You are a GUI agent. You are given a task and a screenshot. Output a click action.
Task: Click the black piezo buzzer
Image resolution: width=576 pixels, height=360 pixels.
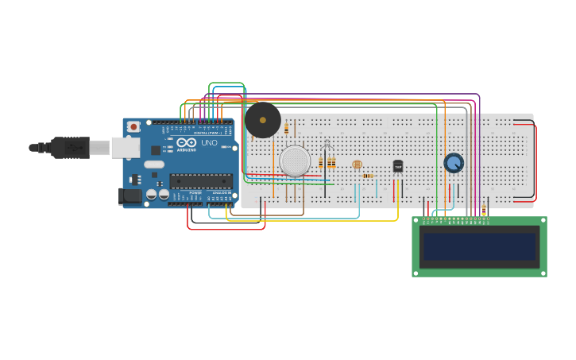[x=262, y=120]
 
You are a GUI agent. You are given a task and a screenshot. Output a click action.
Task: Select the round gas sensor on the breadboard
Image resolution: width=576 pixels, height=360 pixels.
[x=295, y=161]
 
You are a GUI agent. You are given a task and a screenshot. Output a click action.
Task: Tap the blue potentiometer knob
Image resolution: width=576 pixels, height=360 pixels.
[x=454, y=163]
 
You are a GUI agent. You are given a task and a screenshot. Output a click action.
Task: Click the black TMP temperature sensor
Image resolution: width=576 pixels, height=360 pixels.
[x=398, y=166]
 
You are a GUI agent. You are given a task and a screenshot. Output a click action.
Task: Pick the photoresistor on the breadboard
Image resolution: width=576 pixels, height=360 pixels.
[x=357, y=165]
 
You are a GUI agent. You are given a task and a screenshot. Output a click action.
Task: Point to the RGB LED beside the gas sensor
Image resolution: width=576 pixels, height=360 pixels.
[x=327, y=145]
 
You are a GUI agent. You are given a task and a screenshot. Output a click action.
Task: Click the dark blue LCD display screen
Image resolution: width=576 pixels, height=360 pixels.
[x=479, y=246]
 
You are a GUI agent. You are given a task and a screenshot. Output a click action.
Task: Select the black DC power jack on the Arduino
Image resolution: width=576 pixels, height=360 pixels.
[x=130, y=195]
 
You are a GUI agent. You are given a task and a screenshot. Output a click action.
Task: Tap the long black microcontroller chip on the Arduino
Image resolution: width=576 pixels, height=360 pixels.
[x=201, y=181]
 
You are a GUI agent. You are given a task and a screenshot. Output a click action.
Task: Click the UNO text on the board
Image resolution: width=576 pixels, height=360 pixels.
[x=209, y=143]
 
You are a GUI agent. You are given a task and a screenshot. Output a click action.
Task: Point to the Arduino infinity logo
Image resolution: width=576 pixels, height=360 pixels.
[x=187, y=142]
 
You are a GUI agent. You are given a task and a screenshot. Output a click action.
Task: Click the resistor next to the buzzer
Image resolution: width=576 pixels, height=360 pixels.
[x=286, y=128]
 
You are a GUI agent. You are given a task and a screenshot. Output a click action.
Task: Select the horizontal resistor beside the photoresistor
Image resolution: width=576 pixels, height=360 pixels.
[x=368, y=176]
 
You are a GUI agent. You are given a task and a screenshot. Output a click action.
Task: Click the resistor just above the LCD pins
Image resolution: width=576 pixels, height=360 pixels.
[x=484, y=210]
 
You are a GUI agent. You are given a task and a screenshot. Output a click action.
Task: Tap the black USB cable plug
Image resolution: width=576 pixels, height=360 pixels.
[x=70, y=147]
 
